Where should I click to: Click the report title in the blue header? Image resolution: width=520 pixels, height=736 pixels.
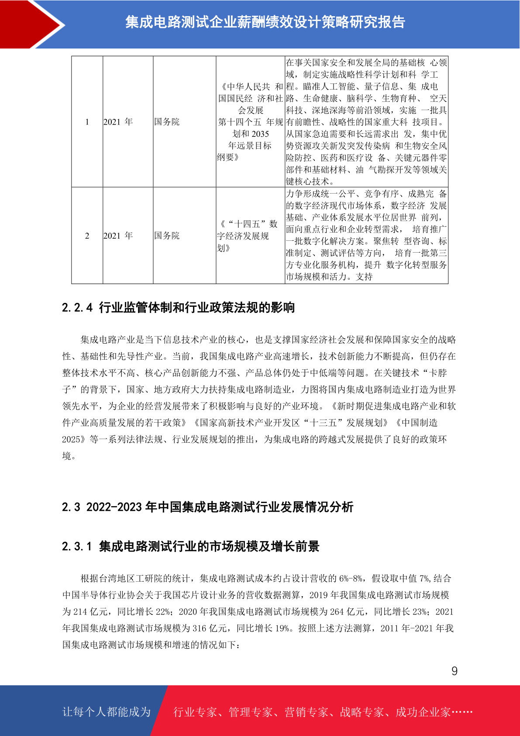coord(265,22)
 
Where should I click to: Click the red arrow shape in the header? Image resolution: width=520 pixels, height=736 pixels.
coord(26,24)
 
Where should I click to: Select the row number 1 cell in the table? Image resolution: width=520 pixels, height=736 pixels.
coord(87,122)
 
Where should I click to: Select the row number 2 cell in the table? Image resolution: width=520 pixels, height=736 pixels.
coord(87,236)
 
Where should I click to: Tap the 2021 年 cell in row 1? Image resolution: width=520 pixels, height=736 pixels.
coord(118,122)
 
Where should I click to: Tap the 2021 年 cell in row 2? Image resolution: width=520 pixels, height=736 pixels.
coord(118,236)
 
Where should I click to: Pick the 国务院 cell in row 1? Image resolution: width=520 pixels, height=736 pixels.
coord(167,122)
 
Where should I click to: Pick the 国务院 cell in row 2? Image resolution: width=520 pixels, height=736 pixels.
coord(167,236)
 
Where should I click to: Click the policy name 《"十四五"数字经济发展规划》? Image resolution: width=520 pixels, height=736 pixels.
coord(248,236)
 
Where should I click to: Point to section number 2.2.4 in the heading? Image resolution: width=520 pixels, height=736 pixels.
coord(77,308)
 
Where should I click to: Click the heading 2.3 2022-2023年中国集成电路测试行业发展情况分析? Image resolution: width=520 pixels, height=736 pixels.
coord(207,507)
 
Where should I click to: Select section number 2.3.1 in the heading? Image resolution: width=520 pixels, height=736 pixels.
coord(77,547)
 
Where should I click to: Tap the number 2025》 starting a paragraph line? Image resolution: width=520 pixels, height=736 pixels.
coord(74,439)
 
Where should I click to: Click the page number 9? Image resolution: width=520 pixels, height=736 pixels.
coord(454,671)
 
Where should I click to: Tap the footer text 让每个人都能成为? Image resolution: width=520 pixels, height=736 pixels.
coord(107,712)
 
